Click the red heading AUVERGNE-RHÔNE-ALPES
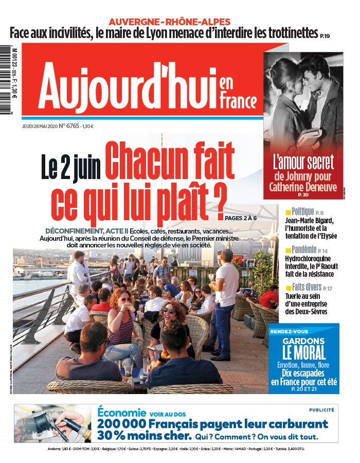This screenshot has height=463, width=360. click(x=169, y=22)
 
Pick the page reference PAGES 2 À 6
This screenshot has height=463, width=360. click(x=241, y=218)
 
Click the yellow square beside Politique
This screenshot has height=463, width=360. click(x=288, y=212)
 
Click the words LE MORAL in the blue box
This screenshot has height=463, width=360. click(x=303, y=353)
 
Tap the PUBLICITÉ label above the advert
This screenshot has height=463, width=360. click(x=321, y=410)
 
